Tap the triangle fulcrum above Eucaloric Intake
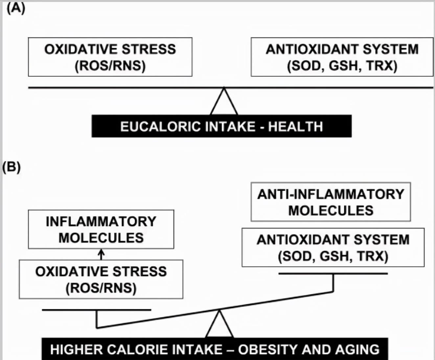pos(224,101)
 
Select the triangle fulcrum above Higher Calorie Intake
pos(219,324)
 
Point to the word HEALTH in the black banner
pos(296,126)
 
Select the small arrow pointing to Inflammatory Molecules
pos(101,254)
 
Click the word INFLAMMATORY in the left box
pos(101,221)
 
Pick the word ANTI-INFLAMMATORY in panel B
pos(331,194)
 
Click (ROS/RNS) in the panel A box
pos(110,66)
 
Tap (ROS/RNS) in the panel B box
pos(101,288)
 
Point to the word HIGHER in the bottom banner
pos(76,349)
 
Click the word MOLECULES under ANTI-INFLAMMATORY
pos(331,211)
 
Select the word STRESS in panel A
pos(149,49)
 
